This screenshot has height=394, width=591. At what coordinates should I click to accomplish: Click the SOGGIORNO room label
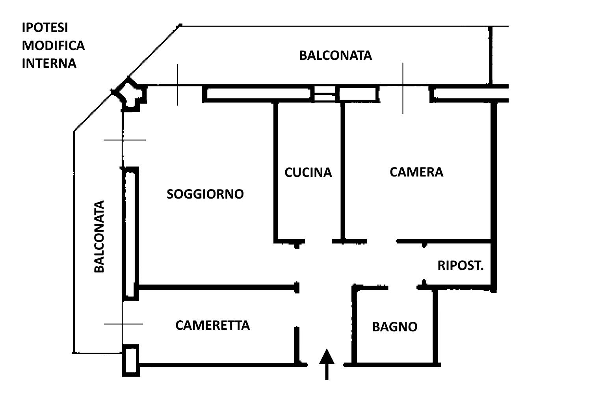click(x=205, y=194)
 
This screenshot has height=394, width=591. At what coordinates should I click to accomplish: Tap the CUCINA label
click(x=308, y=173)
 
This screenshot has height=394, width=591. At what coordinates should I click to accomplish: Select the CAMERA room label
click(x=416, y=172)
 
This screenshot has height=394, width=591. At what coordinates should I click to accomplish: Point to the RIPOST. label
click(x=460, y=266)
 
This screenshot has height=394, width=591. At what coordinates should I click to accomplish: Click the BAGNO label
click(x=394, y=327)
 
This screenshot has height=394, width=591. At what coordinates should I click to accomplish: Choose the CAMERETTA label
click(x=212, y=325)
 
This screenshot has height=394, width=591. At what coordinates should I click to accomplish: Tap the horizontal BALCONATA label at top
click(x=335, y=56)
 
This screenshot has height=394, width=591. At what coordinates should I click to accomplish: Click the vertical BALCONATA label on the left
click(x=100, y=236)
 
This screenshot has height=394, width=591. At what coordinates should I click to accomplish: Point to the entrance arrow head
click(x=327, y=356)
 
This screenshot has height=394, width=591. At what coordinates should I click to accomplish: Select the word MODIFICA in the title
click(x=53, y=45)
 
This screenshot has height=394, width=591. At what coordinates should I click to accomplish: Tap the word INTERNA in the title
click(x=49, y=63)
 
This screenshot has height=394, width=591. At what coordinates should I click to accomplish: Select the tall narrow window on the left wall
click(x=130, y=232)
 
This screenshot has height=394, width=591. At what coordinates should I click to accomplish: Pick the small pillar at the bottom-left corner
click(x=130, y=360)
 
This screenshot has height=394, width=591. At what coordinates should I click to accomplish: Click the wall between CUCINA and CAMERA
click(x=343, y=169)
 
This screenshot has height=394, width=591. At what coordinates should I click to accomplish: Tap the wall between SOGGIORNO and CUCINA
click(x=276, y=169)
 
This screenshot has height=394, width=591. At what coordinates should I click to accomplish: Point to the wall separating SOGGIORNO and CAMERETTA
click(x=217, y=288)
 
